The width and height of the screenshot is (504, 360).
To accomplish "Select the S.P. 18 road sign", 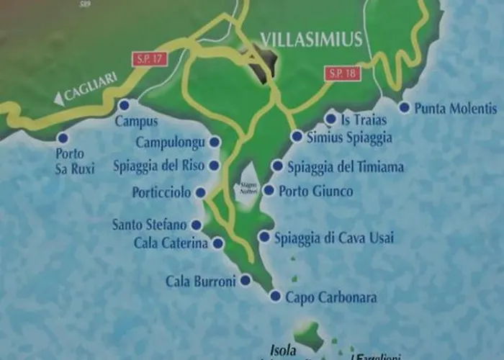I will pyautogui.click(x=342, y=73).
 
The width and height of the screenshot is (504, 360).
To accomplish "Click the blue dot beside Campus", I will pyautogui.click(x=123, y=104).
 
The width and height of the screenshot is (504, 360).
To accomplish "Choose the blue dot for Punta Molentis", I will pyautogui.click(x=404, y=108).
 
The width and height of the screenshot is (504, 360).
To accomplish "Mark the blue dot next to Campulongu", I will pyautogui.click(x=214, y=143).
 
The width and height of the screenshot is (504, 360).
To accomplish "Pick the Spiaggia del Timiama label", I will pyautogui.click(x=346, y=167).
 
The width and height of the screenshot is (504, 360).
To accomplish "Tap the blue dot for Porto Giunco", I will pyautogui.click(x=269, y=191).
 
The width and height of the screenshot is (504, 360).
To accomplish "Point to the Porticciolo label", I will pyautogui.click(x=162, y=192).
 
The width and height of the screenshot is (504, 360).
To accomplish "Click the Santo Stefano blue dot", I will pyautogui.click(x=196, y=225).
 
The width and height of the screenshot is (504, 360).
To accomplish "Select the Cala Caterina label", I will pyautogui.click(x=171, y=243).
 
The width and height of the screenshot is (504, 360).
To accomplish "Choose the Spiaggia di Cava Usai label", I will pyautogui.click(x=336, y=238).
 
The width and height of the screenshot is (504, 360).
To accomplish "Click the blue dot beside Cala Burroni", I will pyautogui.click(x=246, y=280).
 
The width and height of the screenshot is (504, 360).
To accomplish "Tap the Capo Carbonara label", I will pyautogui.click(x=331, y=297).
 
